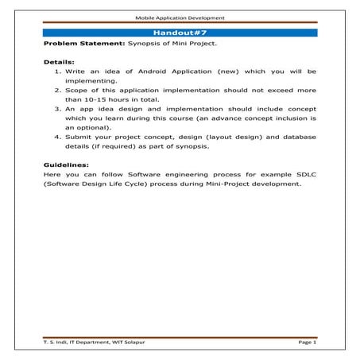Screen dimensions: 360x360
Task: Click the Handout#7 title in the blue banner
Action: (180, 33)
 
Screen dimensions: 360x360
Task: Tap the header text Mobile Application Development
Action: (180, 17)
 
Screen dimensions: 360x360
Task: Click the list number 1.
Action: (57, 71)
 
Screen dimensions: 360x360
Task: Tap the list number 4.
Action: (57, 136)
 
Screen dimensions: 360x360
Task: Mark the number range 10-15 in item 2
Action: (91, 100)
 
